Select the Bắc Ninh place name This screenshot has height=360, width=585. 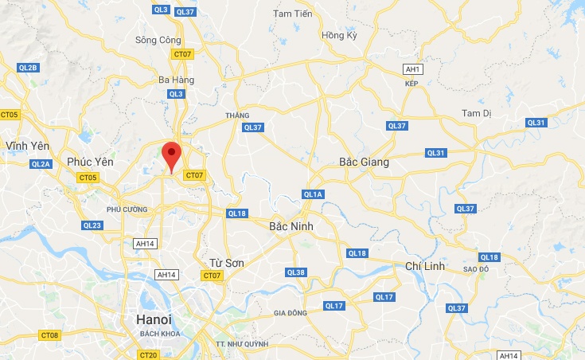(x=291, y=226)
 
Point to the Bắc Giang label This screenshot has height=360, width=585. (x=364, y=162)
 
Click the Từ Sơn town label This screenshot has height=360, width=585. (x=226, y=262)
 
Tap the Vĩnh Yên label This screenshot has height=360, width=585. (x=27, y=146)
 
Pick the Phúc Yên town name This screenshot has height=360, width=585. (x=90, y=162)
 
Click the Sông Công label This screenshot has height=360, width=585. (x=158, y=40)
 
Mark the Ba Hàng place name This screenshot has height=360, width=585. (x=177, y=80)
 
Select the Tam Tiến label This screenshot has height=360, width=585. (x=293, y=14)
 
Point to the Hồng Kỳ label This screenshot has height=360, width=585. (x=337, y=36)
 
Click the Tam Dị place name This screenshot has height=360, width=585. (x=477, y=113)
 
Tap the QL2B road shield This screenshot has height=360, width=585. (x=27, y=68)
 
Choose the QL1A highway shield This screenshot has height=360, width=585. (x=313, y=194)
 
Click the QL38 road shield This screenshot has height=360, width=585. (x=295, y=272)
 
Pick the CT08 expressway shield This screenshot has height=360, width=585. (x=49, y=335)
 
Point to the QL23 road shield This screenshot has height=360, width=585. (x=92, y=225)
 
